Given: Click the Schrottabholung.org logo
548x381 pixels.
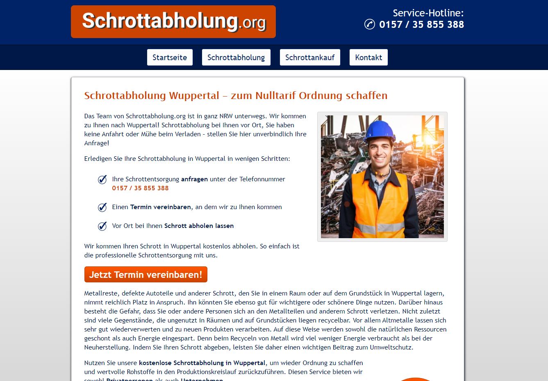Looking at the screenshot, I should tap(173, 22).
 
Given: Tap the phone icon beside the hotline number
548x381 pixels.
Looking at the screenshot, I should tap(369, 25).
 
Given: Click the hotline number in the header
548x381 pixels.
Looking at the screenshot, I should tap(421, 25).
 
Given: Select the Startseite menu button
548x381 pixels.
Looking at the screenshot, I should tap(170, 57).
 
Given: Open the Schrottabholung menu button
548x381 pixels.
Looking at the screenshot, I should tap(236, 57).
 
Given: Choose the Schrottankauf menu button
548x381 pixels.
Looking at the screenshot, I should tap(310, 57).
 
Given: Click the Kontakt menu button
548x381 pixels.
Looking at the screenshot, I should tap(368, 57).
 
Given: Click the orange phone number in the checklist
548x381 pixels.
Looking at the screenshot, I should tap(140, 188).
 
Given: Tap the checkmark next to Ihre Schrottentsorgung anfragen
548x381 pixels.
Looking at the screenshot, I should tap(102, 180).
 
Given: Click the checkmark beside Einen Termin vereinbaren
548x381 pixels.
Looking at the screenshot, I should tap(102, 207).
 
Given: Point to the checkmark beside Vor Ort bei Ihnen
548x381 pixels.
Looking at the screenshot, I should tap(102, 226).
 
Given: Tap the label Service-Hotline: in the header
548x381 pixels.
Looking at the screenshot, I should tap(428, 13).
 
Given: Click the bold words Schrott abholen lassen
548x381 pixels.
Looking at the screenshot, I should tap(199, 226).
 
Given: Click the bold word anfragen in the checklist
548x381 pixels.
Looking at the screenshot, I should tap(194, 179).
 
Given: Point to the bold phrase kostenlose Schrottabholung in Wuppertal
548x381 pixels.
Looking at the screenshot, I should tap(202, 363).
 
